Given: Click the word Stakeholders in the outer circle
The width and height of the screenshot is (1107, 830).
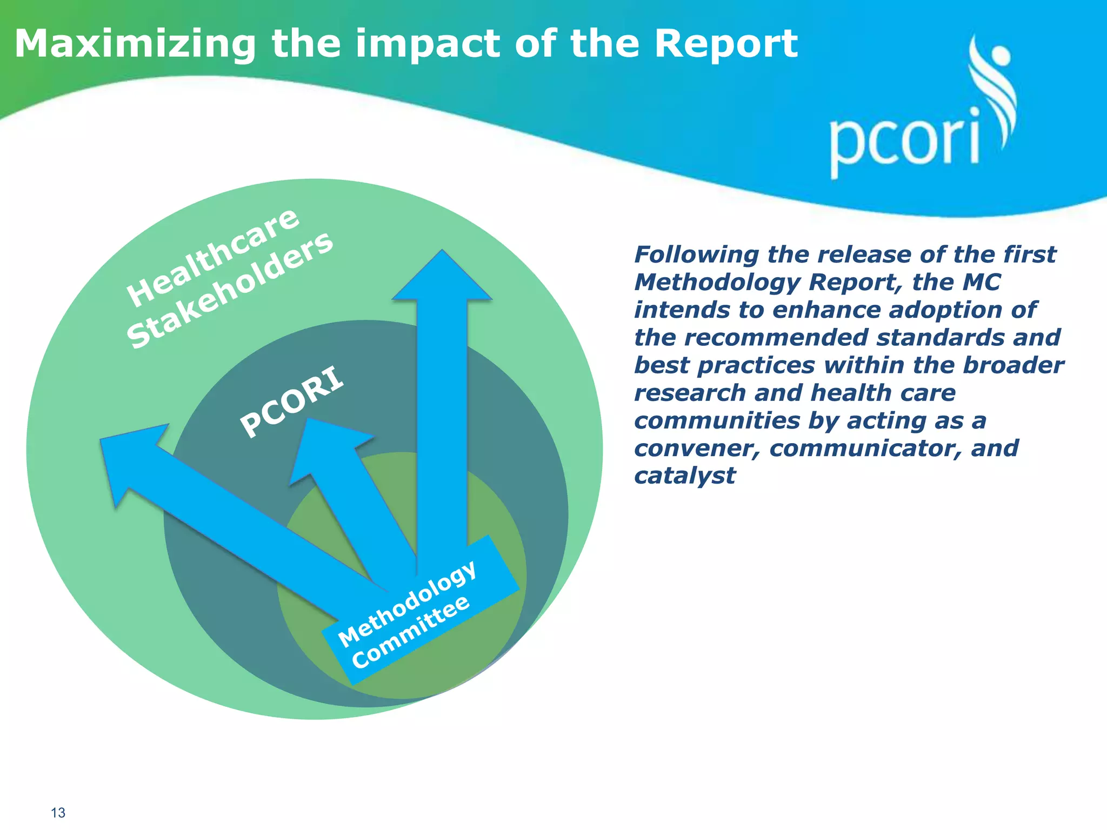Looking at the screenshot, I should click(230, 290).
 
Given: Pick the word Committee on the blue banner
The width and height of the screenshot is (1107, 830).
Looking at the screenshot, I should click(410, 632).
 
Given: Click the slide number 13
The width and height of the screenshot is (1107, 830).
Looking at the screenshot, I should click(58, 813).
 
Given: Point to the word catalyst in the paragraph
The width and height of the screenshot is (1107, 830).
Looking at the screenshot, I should click(684, 476).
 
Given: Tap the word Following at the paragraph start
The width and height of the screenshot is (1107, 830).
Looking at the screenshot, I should click(696, 255).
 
